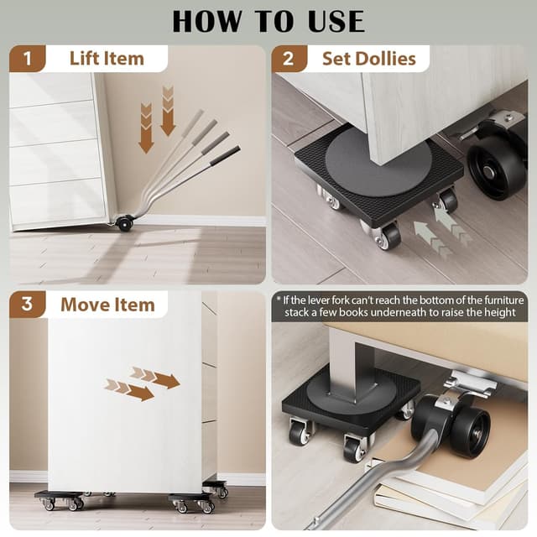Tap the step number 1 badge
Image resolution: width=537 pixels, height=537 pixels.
[x=28, y=59]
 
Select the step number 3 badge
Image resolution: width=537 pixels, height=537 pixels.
[x=28, y=304]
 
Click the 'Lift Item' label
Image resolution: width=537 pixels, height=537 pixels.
[x=107, y=59]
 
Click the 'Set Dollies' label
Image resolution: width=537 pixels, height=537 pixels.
[x=369, y=59]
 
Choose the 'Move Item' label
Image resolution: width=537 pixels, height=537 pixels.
[x=107, y=304]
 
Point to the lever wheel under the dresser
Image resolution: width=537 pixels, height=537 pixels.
[x=125, y=222]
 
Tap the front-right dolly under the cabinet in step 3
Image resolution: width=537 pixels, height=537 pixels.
[x=193, y=502]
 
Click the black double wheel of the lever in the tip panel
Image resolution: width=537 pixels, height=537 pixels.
[x=457, y=424]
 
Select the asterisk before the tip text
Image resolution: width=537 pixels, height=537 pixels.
[x=278, y=299]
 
